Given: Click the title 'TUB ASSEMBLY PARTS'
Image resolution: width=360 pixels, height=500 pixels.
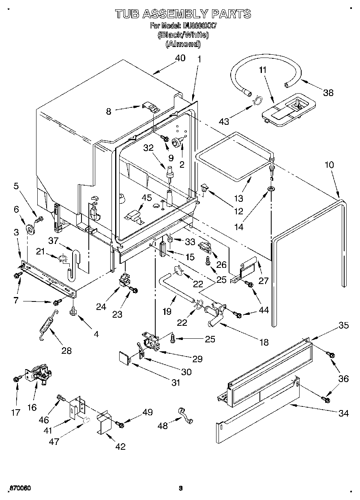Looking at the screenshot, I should click(x=183, y=14).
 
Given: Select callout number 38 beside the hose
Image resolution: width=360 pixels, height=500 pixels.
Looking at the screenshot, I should click(x=328, y=93).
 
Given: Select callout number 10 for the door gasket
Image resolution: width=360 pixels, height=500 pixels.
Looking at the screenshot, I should click(x=329, y=165).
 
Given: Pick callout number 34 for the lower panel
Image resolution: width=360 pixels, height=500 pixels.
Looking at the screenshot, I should click(x=343, y=413).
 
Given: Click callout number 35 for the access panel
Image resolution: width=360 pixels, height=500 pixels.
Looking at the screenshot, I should click(x=344, y=325).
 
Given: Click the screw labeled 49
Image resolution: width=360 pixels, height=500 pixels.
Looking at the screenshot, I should click(x=120, y=424).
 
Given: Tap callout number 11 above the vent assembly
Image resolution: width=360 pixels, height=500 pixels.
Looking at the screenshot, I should click(x=263, y=70).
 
